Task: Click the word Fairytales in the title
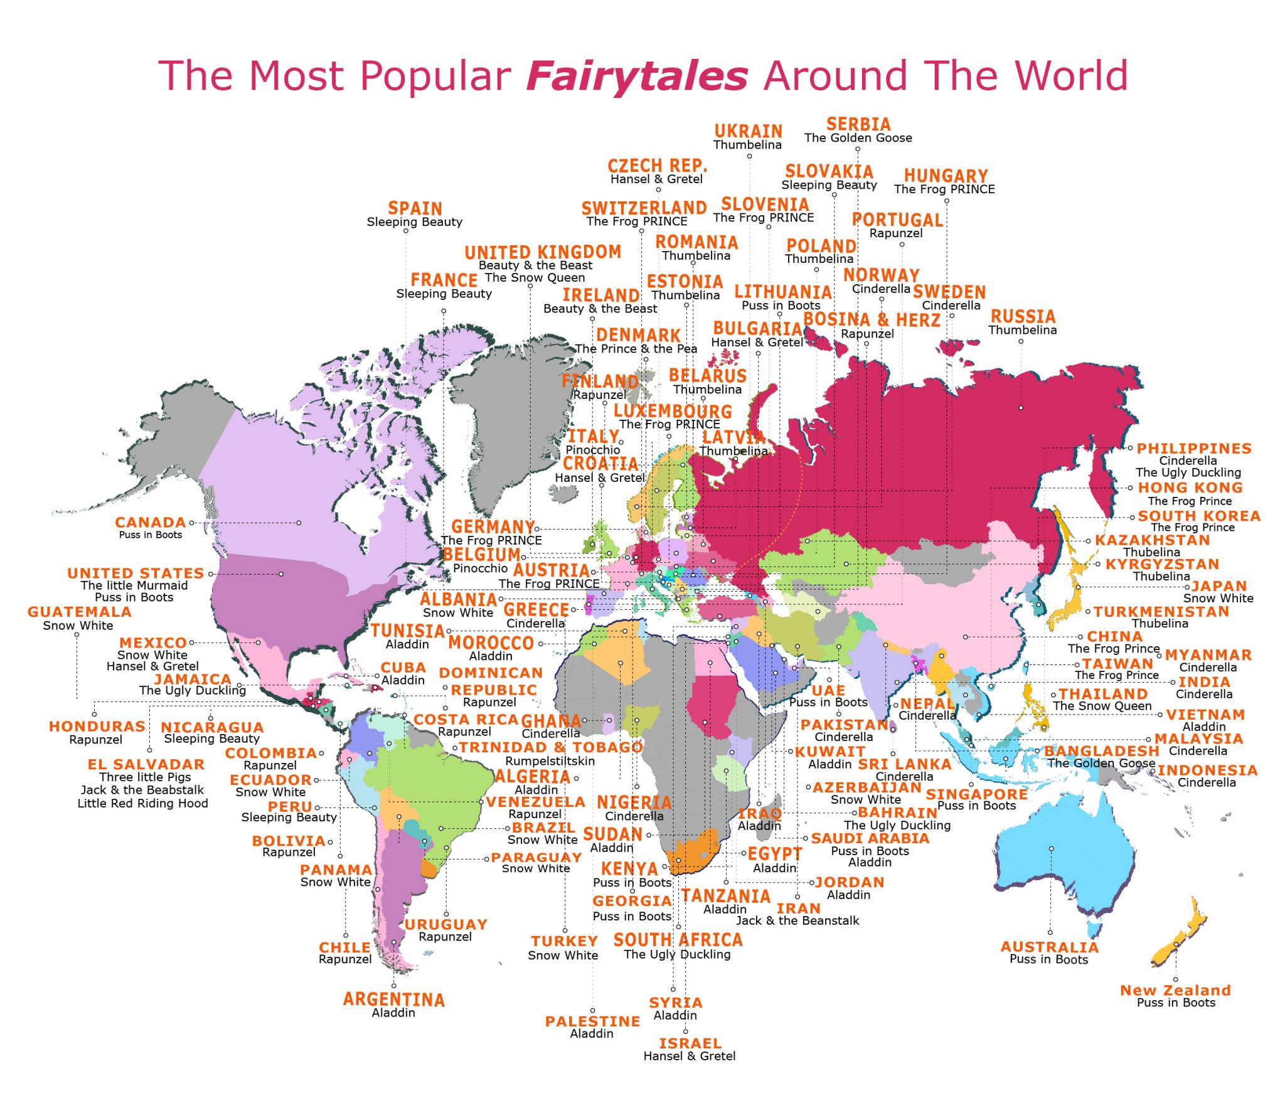[637, 76]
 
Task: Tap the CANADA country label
[151, 522]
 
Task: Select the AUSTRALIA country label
[1049, 947]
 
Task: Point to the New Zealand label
[1175, 990]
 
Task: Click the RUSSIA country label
[1023, 316]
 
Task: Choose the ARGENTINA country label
[393, 999]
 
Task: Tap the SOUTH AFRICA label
[678, 940]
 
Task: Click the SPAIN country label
[415, 208]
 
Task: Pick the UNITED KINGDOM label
[543, 252]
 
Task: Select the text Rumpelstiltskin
[550, 760]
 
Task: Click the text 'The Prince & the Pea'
[636, 349]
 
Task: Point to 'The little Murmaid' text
[134, 585]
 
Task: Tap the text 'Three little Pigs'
[145, 777]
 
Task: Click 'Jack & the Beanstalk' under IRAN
[797, 920]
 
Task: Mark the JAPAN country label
[1219, 586]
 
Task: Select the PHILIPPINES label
[1194, 449]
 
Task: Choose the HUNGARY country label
[946, 176]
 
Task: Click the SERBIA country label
[858, 124]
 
